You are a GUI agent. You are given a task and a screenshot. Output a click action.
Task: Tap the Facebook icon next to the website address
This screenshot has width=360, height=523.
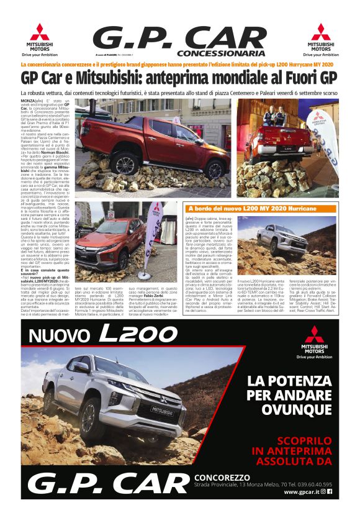330,491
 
